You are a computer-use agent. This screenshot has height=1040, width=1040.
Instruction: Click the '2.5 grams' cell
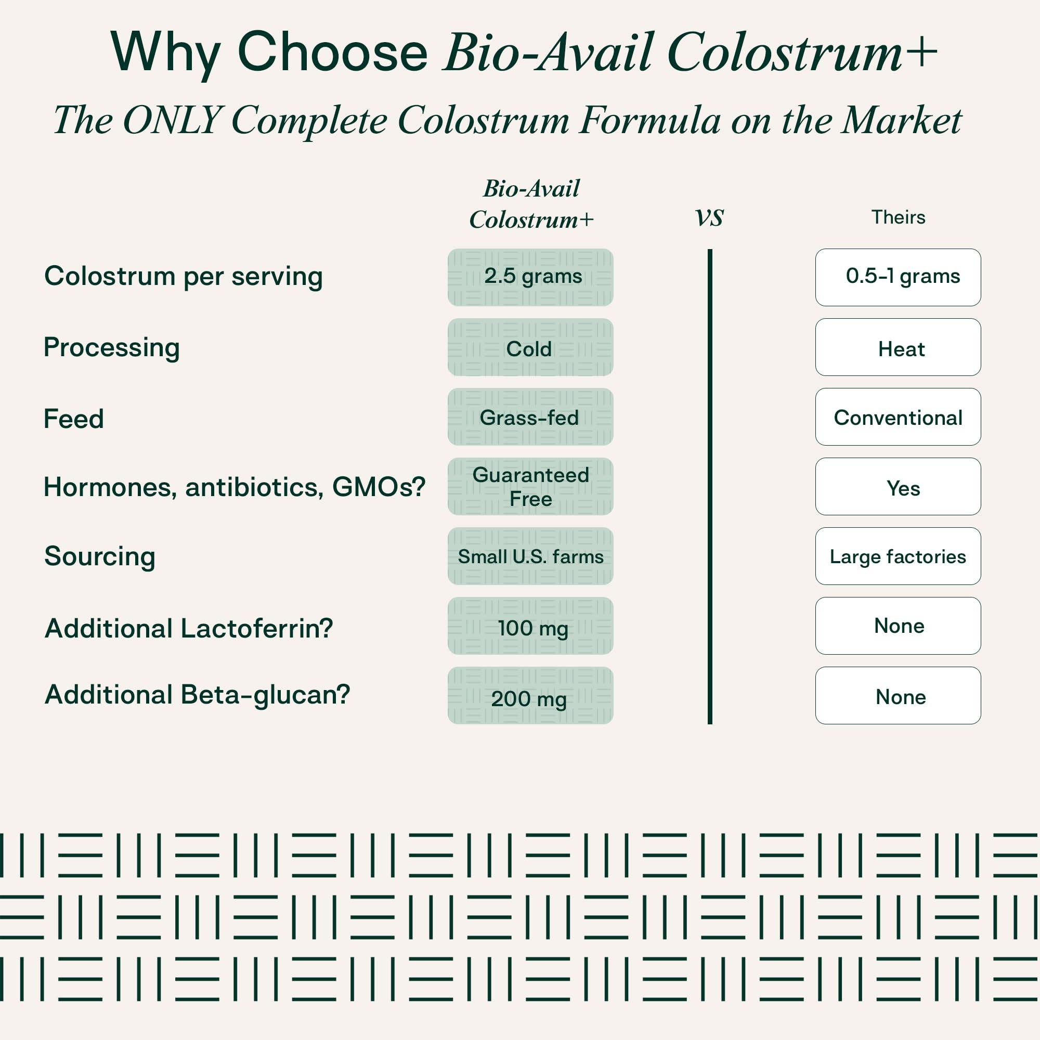point(530,277)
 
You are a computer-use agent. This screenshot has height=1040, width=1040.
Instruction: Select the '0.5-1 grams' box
point(898,277)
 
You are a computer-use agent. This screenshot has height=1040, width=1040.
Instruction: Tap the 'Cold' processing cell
point(530,347)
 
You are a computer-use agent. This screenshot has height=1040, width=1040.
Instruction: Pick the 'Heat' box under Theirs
point(898,347)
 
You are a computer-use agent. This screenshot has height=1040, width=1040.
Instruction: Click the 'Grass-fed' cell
point(530,417)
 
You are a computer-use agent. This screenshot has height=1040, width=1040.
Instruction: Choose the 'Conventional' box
point(898,417)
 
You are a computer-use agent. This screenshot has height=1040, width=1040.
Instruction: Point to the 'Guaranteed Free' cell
point(530,487)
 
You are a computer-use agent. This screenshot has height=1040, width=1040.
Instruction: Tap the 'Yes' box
point(898,487)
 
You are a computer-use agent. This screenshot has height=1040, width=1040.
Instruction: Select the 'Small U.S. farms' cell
point(530,556)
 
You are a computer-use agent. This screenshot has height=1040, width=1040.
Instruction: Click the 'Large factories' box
point(898,556)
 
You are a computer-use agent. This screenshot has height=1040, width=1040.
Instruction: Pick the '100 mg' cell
point(530,626)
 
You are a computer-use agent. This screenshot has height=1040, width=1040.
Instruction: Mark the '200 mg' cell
point(530,695)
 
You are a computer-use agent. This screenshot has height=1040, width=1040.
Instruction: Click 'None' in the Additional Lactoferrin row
point(898,626)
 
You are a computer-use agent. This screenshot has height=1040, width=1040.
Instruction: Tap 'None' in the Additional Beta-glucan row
point(898,695)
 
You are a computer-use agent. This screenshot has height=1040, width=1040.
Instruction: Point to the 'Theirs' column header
point(899,217)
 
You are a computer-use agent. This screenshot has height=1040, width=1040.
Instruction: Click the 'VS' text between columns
point(709,218)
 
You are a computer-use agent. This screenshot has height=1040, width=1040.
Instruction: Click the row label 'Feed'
point(74,419)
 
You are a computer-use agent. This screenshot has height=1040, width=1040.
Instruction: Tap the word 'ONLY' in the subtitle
point(173,120)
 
